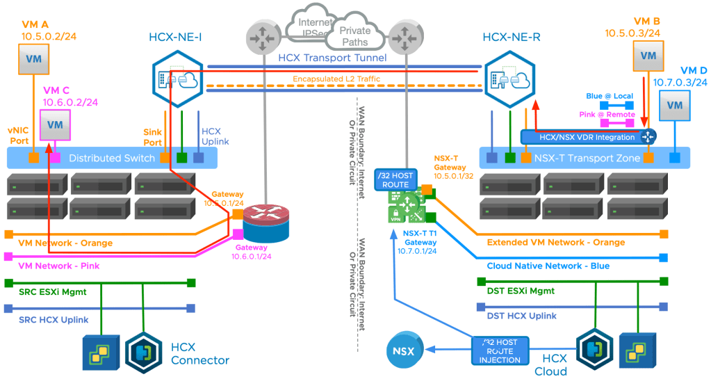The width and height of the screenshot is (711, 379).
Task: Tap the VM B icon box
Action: click(x=648, y=56)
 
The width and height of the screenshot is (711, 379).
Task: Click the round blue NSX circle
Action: click(x=407, y=350)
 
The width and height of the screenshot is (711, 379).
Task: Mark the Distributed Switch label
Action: click(x=111, y=158)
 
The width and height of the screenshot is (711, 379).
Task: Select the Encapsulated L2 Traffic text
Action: click(x=336, y=79)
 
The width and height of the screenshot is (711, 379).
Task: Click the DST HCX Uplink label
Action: click(x=522, y=316)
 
